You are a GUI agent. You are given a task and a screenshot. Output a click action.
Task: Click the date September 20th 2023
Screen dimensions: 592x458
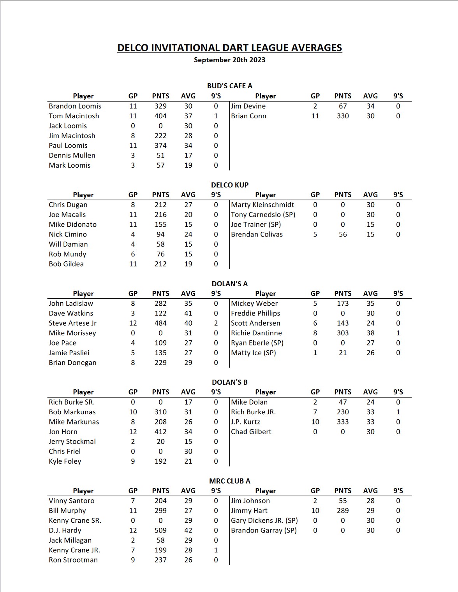click(229, 60)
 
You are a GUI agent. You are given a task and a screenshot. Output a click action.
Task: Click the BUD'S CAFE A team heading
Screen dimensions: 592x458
click(229, 86)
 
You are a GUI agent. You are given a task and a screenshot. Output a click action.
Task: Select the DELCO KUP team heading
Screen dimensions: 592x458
click(229, 185)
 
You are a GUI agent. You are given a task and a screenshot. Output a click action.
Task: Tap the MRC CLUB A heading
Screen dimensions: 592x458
click(229, 481)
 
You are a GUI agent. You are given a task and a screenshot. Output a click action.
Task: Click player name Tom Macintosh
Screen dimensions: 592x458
click(74, 116)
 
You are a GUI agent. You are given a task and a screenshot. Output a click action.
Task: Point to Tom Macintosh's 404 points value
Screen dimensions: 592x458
click(160, 116)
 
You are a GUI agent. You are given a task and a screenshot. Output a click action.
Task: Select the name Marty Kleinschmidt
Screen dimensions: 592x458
click(262, 205)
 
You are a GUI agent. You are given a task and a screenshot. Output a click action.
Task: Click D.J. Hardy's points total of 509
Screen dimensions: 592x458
click(160, 530)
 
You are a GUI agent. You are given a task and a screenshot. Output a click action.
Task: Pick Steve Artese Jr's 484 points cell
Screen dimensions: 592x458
click(160, 323)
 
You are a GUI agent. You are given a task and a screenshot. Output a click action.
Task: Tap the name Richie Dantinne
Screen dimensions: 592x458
click(256, 333)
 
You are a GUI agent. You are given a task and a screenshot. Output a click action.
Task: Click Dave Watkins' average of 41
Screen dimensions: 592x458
click(188, 313)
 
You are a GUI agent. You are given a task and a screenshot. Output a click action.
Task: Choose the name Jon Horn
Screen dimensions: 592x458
click(63, 432)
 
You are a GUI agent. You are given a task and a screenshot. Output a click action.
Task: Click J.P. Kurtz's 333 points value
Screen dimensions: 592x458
click(343, 422)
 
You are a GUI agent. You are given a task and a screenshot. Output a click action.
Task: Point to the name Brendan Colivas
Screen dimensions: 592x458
click(257, 234)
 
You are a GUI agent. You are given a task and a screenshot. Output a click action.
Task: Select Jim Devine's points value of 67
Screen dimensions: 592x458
click(343, 106)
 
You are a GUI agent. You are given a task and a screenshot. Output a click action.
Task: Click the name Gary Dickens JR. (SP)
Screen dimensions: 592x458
click(264, 520)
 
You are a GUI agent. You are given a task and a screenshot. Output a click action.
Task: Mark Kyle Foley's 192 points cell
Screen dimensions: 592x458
click(160, 461)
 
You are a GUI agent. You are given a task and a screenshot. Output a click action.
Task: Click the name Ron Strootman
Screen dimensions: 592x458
click(73, 560)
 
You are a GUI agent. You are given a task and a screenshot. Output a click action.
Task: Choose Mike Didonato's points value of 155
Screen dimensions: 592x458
click(160, 224)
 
